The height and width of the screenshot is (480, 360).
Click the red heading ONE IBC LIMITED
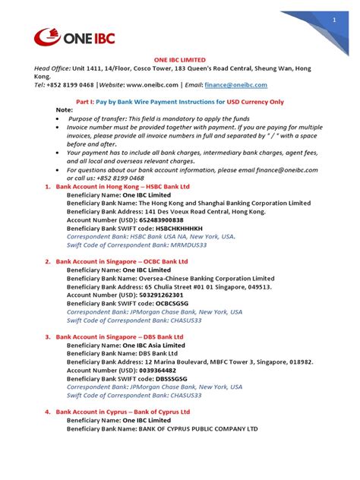coord(179,59)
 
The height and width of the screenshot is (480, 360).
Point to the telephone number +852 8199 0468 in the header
coord(74,84)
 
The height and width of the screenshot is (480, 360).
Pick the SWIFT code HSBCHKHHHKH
coord(179,228)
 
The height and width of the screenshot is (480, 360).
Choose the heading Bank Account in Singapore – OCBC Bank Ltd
coord(122,261)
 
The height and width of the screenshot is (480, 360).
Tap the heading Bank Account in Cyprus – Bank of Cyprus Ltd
coord(122,412)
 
